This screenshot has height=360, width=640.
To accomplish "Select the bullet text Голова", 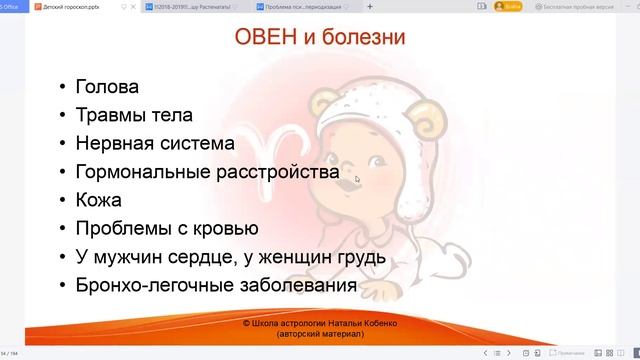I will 107,86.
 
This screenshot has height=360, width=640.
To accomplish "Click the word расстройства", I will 277,172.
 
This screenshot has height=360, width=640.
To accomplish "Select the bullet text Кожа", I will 99,200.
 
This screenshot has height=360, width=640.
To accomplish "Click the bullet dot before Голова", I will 64,87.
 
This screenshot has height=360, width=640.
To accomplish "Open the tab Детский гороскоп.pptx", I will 69,8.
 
